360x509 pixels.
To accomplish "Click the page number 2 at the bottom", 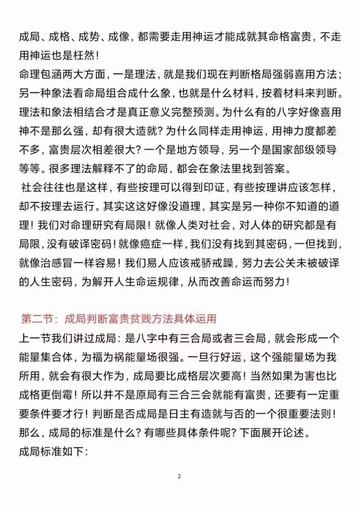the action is pyautogui.click(x=179, y=476).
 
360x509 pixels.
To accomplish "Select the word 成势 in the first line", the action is pyautogui.click(x=88, y=37).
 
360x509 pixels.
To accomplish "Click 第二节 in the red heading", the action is pyautogui.click(x=36, y=319).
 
